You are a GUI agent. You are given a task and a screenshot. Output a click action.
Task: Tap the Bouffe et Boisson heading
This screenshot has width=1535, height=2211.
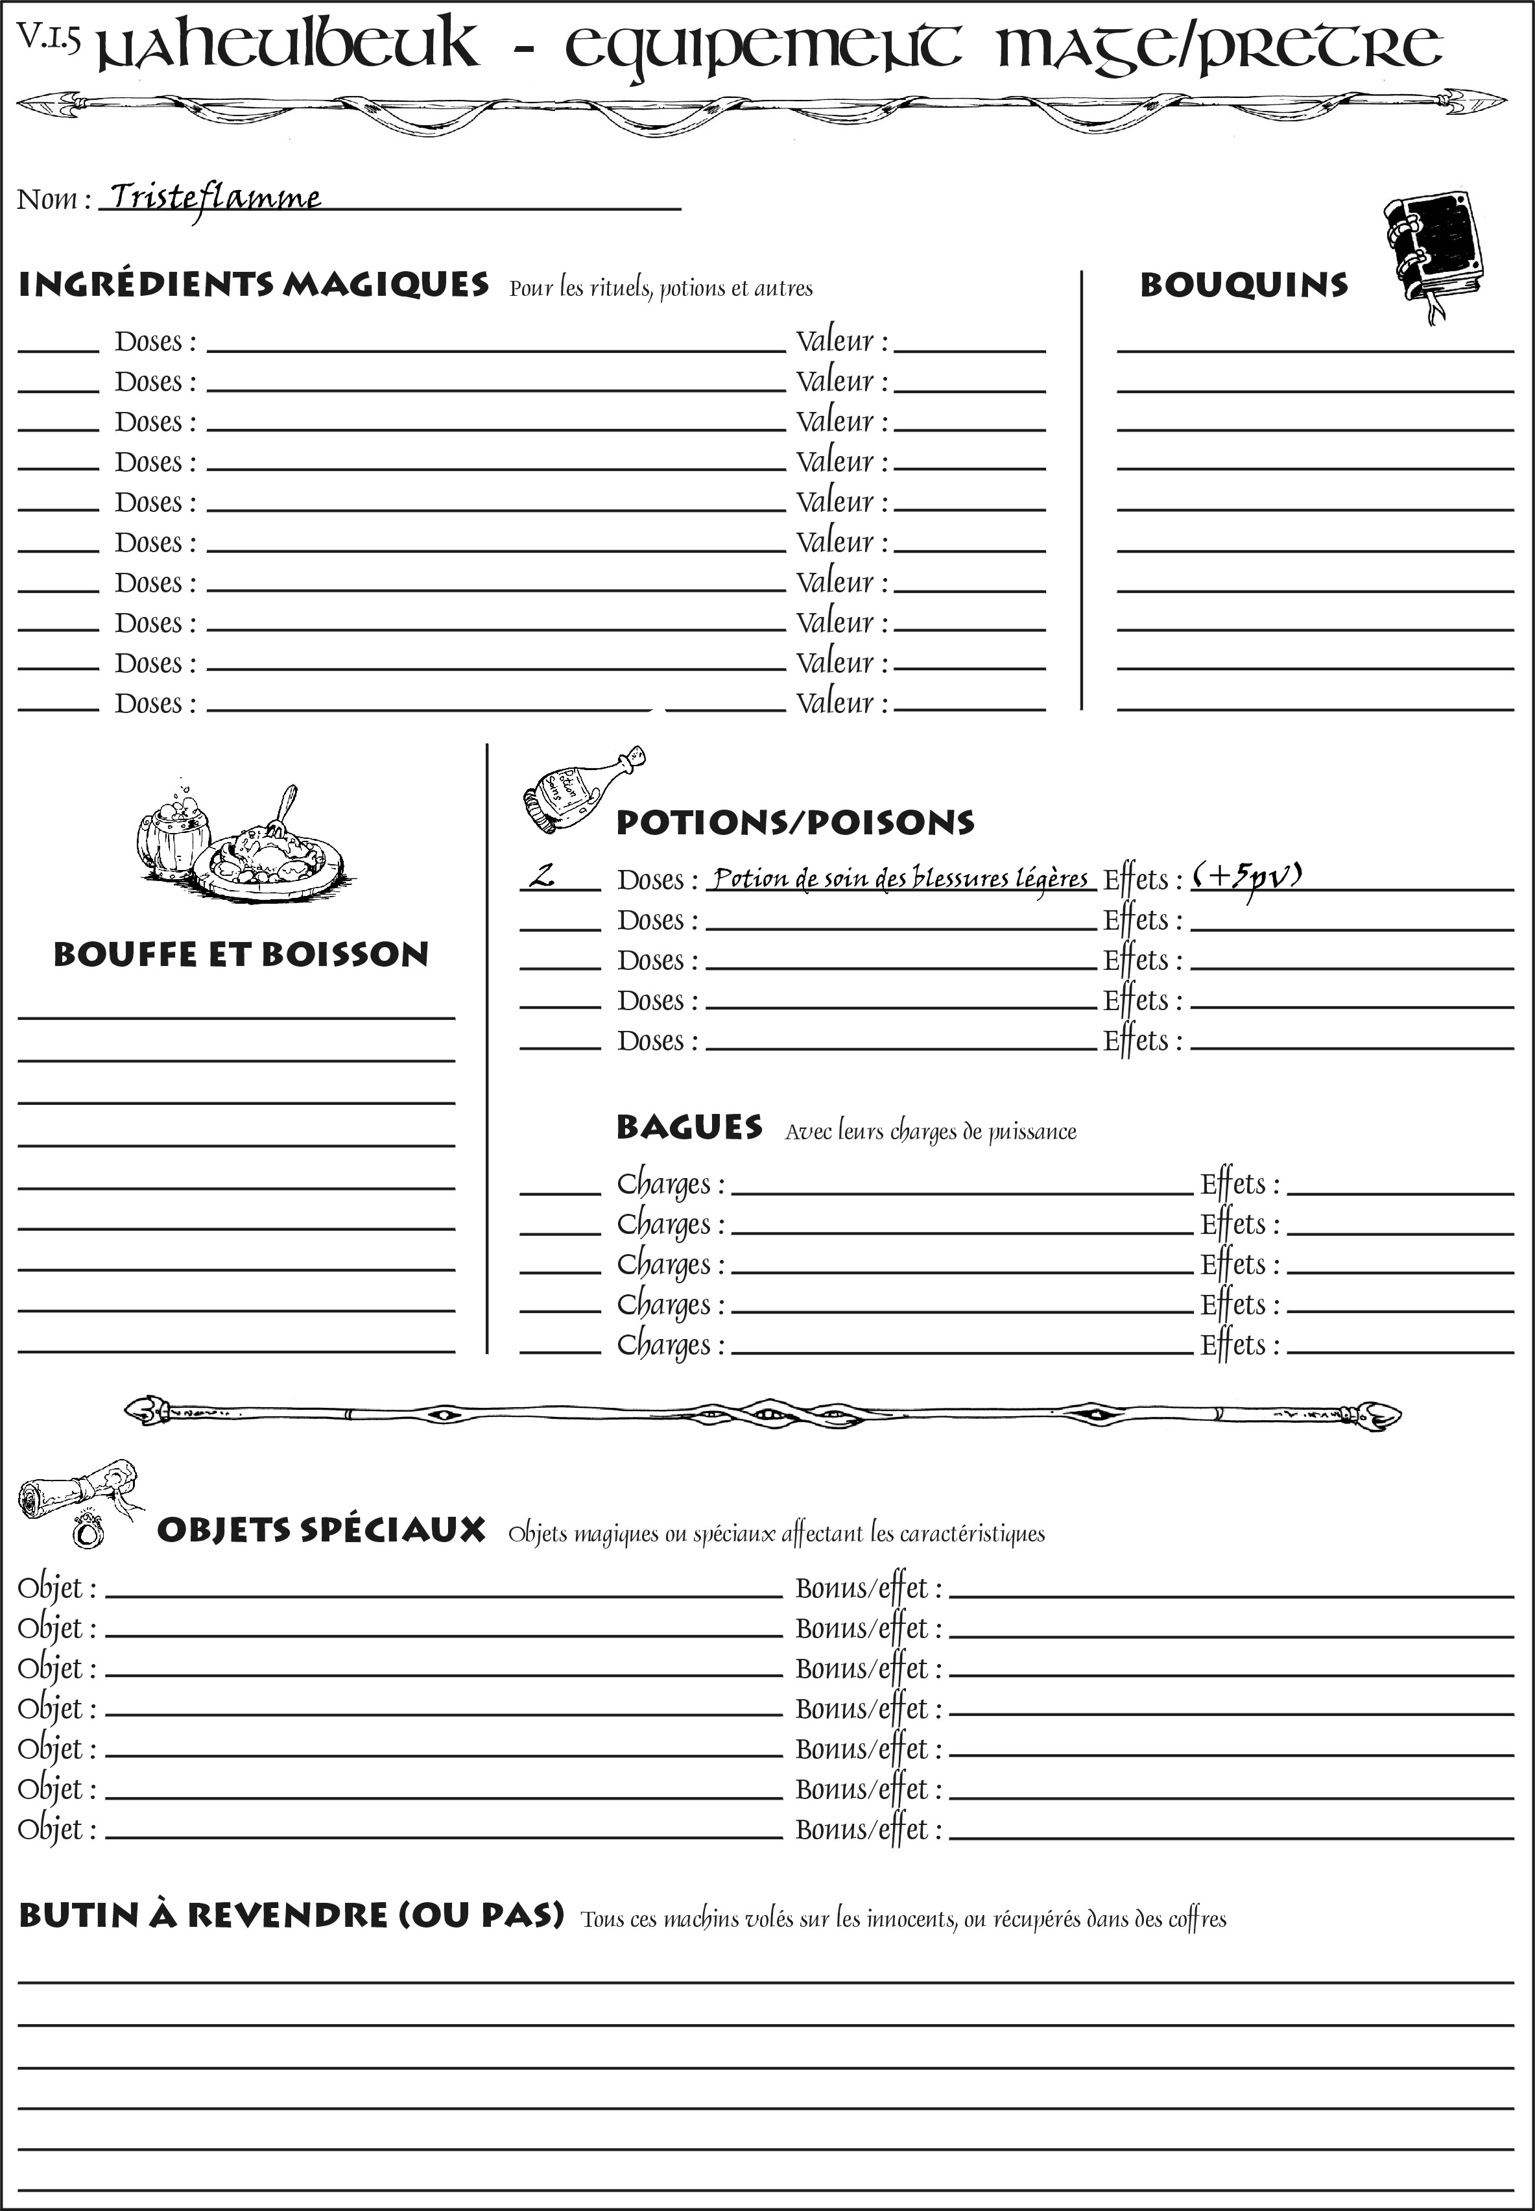(x=241, y=954)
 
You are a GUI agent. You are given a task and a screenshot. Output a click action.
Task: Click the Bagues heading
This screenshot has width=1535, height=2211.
(x=689, y=1128)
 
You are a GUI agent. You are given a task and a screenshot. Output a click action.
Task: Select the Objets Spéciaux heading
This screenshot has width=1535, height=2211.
(x=320, y=1530)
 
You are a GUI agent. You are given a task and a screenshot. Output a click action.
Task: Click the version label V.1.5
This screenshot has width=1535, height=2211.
(x=48, y=38)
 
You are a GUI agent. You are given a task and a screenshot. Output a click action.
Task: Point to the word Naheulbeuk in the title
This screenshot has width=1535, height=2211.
(x=289, y=46)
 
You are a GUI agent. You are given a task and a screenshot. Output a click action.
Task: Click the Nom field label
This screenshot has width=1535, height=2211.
(x=54, y=199)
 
